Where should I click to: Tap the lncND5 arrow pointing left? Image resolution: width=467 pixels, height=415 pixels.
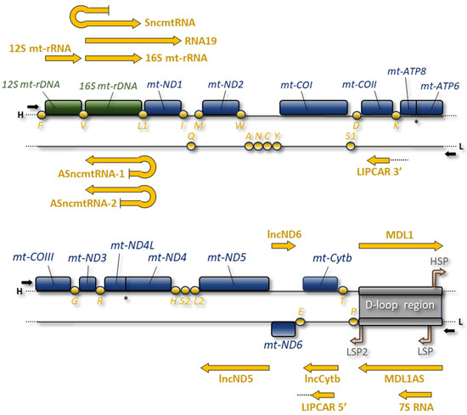pyautogui.click(x=230, y=367)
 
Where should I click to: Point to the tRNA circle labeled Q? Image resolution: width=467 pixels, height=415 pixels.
pyautogui.click(x=191, y=146)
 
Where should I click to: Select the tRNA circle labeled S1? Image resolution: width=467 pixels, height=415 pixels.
pyautogui.click(x=351, y=146)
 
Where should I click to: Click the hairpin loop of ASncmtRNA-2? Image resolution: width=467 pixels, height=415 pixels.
pyautogui.click(x=149, y=196)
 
